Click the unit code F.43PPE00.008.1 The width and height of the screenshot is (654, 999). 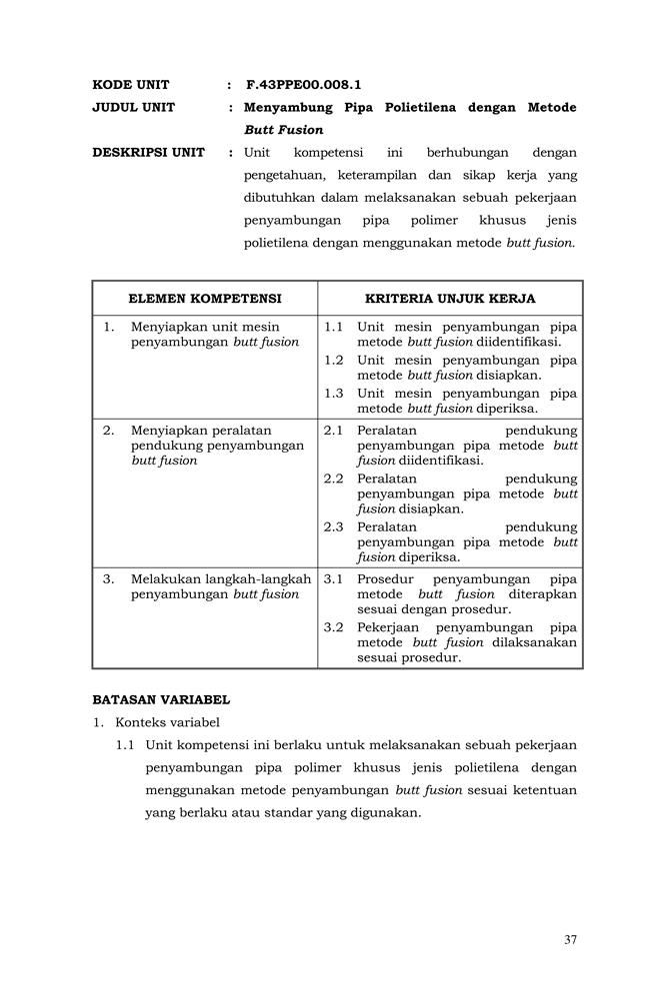click(303, 85)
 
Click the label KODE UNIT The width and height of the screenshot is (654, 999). click(131, 85)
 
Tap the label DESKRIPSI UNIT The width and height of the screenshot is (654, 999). click(148, 153)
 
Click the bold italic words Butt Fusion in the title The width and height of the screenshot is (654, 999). click(284, 130)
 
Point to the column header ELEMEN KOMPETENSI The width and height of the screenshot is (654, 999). click(205, 299)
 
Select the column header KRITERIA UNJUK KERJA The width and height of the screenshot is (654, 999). click(450, 299)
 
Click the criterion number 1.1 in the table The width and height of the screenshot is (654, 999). click(334, 327)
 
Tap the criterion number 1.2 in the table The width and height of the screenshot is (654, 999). click(334, 360)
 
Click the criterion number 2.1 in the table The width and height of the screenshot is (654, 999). click(334, 431)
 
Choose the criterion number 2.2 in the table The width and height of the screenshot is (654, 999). click(334, 479)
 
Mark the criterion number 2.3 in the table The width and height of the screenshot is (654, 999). click(334, 526)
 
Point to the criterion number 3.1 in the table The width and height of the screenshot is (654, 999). click(334, 578)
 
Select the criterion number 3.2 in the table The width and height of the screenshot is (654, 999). click(334, 627)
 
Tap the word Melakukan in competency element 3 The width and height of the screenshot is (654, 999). click(163, 578)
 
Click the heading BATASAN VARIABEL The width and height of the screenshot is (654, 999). click(161, 700)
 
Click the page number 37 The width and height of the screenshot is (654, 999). click(570, 939)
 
